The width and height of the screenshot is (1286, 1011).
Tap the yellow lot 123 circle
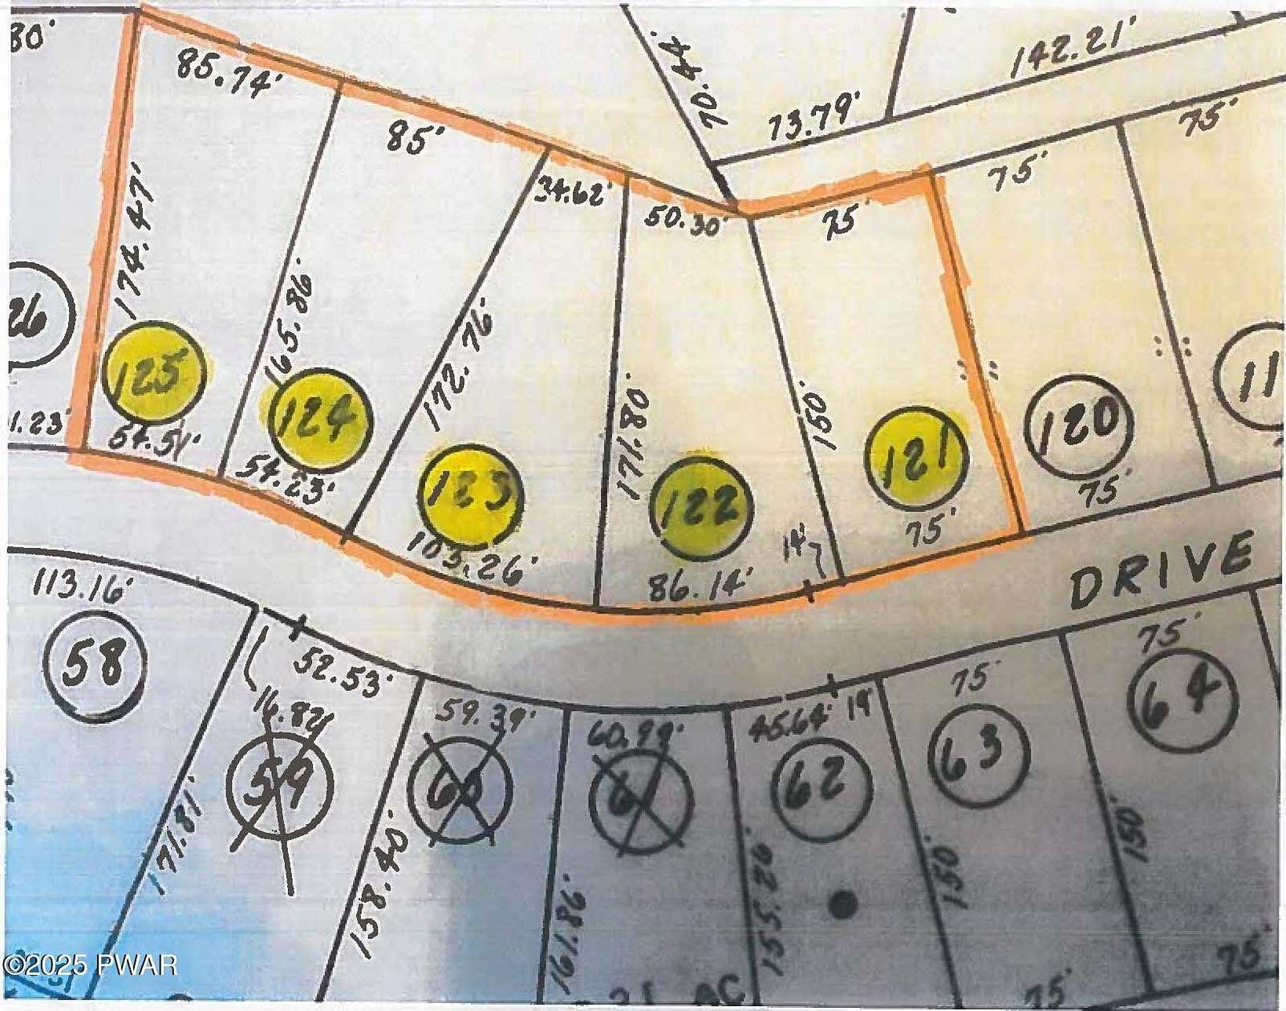click(x=472, y=496)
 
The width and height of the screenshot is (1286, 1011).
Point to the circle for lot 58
click(x=96, y=664)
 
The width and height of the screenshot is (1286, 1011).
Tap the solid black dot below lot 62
click(x=842, y=904)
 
